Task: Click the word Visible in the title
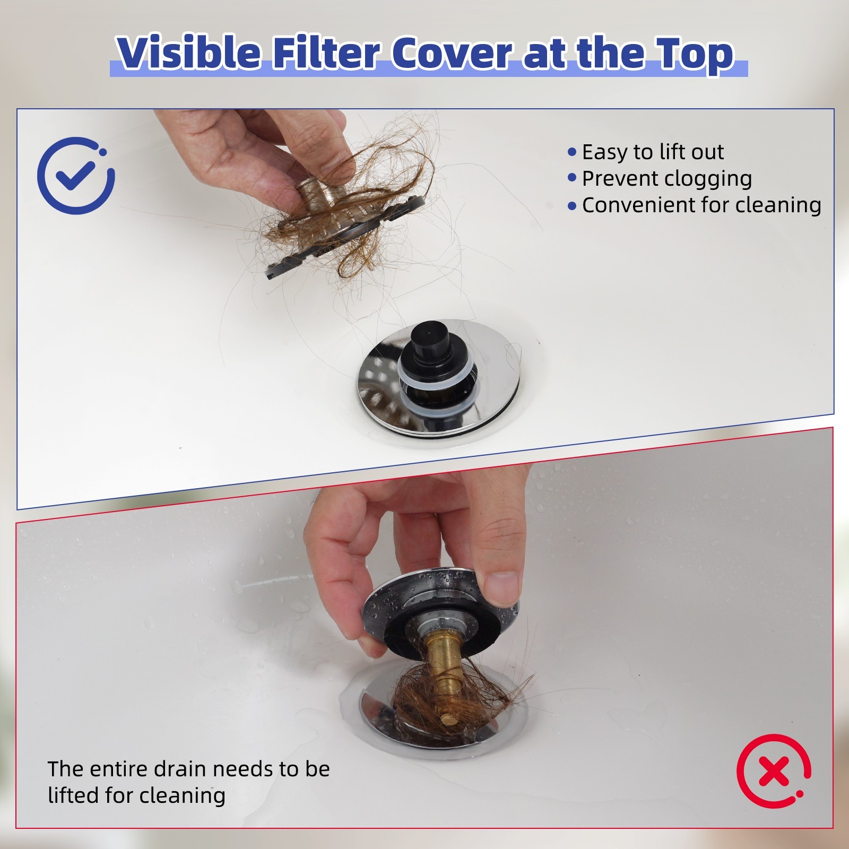click(189, 53)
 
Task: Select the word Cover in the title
click(452, 53)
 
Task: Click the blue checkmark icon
click(75, 176)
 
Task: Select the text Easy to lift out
click(653, 152)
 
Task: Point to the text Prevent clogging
click(666, 179)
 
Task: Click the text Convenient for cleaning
click(701, 205)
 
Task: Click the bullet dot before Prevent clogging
click(571, 178)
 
